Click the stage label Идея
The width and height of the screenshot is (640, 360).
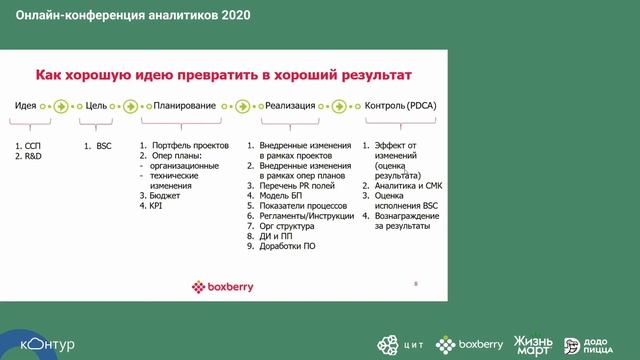click(27, 105)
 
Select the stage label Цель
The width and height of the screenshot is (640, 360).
click(96, 105)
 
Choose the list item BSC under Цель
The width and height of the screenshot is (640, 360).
click(103, 147)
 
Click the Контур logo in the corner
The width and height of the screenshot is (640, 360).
click(46, 344)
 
